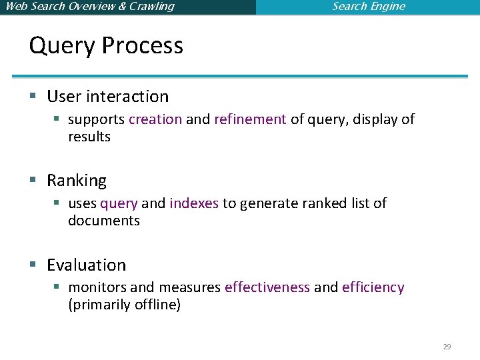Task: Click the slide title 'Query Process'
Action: (106, 46)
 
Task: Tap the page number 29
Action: (447, 347)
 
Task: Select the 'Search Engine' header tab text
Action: (369, 7)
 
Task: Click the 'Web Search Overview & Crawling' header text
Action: (89, 7)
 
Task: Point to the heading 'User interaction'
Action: (107, 97)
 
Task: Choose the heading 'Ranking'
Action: (77, 181)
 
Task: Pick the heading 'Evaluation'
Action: (86, 265)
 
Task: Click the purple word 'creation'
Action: (155, 119)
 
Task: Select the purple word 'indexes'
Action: (194, 203)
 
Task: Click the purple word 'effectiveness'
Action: (267, 287)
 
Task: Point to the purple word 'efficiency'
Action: (373, 287)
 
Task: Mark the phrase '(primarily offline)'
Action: (124, 305)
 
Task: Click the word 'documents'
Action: (104, 221)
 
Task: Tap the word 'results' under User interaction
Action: (89, 137)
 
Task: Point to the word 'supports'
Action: (96, 120)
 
